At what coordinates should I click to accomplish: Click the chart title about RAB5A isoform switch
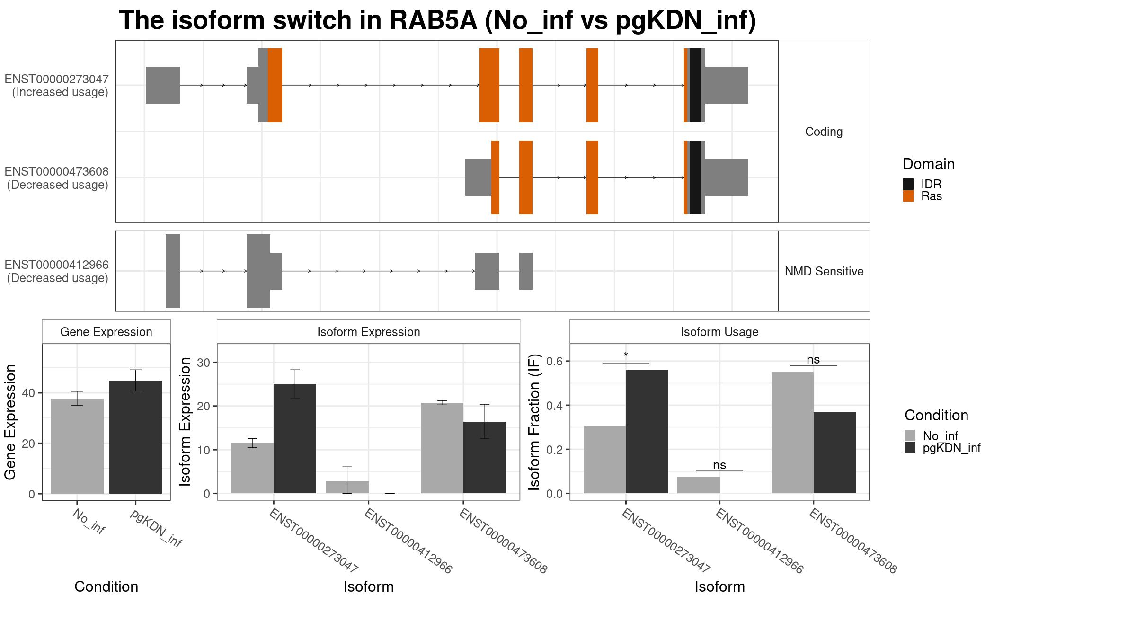pos(437,20)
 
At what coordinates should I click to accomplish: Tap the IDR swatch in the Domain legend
pos(908,184)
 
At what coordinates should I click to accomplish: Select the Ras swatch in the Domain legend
pos(908,196)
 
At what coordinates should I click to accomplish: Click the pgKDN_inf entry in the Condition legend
pos(942,448)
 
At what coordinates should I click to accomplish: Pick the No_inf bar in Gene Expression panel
pos(77,446)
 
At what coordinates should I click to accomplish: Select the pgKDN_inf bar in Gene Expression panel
pos(135,437)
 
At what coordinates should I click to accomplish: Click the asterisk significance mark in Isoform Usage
pos(626,355)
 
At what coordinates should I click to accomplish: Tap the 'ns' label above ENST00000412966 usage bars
pos(719,465)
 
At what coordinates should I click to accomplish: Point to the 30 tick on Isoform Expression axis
pos(204,363)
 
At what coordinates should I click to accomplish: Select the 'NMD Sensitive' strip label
pos(824,271)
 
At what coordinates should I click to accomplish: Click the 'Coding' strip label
pos(824,132)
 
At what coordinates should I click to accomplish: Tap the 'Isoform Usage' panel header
pos(719,332)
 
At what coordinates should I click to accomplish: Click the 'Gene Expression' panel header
pos(106,332)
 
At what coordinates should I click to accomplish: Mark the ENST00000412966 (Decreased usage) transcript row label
pos(57,271)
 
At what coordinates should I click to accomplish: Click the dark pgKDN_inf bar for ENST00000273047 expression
pos(295,438)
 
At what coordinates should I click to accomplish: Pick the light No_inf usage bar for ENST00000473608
pos(792,433)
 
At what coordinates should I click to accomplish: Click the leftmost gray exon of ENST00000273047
pos(163,85)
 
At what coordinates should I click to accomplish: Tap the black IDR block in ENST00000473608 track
pos(695,177)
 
